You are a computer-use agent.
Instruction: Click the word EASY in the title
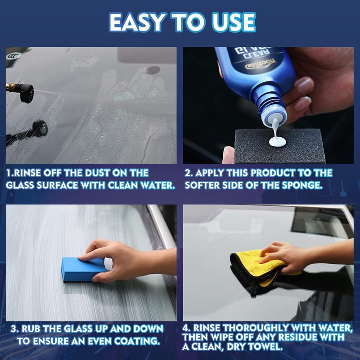[x=137, y=22]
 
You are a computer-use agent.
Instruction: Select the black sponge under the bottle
[x=279, y=146]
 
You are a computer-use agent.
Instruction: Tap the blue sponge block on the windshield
[x=83, y=269]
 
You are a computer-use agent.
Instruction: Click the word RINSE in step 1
[x=27, y=173]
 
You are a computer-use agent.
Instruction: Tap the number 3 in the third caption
[x=14, y=328]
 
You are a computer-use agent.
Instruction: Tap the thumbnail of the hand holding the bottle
[x=268, y=105]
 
